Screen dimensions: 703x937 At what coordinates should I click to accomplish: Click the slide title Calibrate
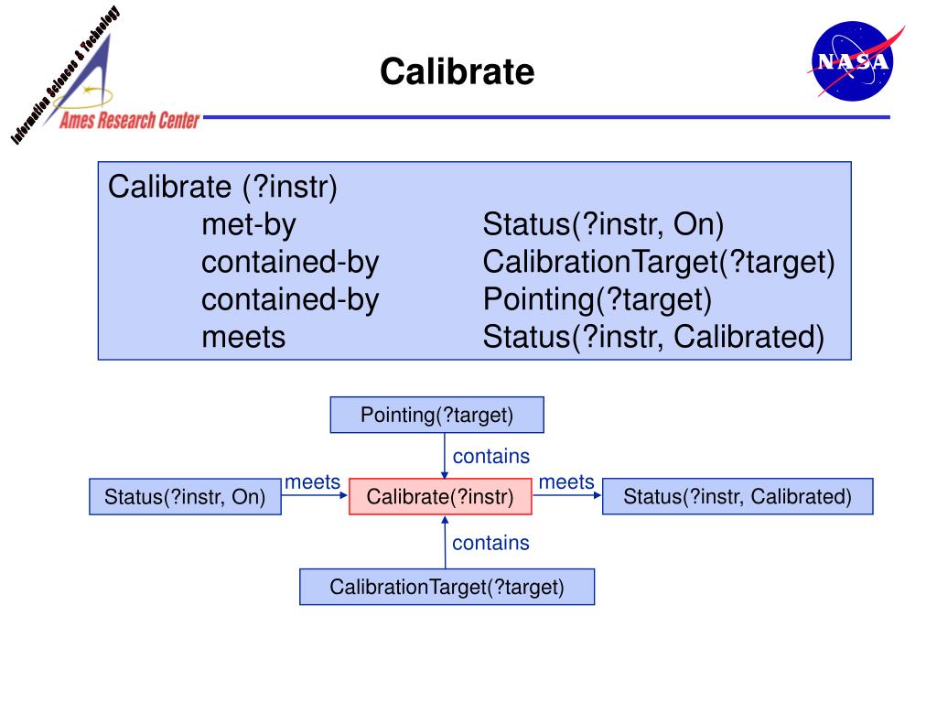[457, 70]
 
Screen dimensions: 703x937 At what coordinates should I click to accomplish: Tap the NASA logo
[852, 62]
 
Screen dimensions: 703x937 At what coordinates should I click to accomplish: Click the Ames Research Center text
[129, 122]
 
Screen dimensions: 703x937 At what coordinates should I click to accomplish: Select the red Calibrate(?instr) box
[439, 497]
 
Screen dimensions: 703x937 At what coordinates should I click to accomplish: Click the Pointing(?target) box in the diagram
[436, 415]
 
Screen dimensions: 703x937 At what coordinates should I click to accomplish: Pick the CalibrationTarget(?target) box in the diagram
[447, 587]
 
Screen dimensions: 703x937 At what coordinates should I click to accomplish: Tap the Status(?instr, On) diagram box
[184, 497]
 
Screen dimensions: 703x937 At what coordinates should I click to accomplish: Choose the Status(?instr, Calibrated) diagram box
[737, 497]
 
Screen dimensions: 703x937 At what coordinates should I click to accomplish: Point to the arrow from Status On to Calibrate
[315, 497]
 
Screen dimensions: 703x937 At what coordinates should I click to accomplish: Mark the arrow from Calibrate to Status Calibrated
[567, 497]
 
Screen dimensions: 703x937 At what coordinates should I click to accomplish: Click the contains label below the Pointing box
[491, 456]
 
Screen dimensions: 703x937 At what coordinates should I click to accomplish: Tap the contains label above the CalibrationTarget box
[490, 543]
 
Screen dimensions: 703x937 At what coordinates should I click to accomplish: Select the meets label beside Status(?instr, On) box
[313, 482]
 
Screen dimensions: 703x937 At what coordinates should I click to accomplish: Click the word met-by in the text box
[249, 225]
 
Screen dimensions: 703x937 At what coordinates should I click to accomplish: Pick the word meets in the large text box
[243, 338]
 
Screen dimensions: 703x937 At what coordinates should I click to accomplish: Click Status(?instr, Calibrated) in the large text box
[653, 338]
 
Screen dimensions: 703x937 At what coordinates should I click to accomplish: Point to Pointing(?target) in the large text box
[597, 300]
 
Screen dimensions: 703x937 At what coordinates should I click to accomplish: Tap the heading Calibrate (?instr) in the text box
[222, 188]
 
